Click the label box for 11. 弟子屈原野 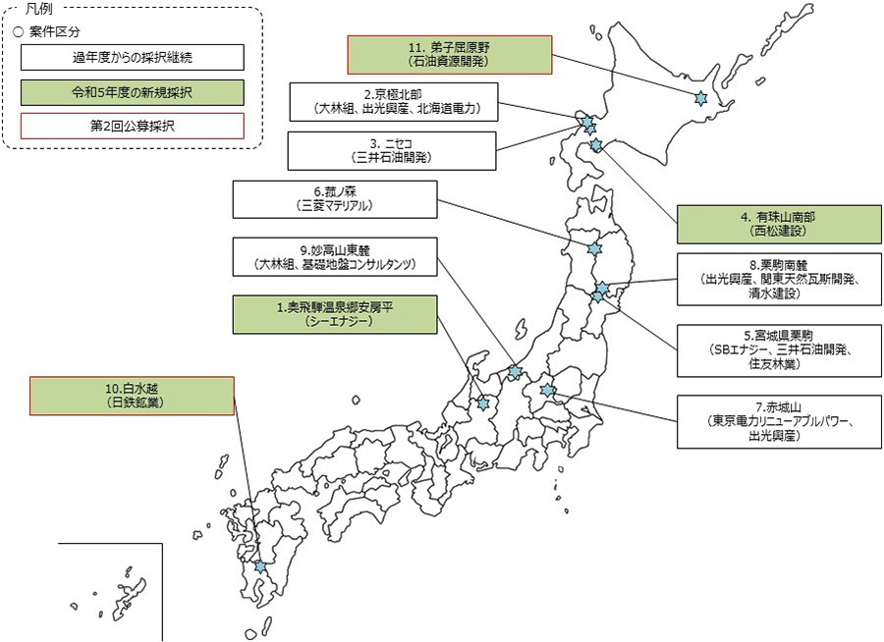coord(450,54)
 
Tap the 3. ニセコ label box coord(391,149)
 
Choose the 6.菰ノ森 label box coord(335,199)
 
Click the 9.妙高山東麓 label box coord(335,257)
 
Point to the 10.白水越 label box coord(132,396)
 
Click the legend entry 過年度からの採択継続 coord(131,57)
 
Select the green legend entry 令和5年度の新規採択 coord(131,92)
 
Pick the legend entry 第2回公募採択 coord(131,127)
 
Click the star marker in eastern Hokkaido coord(700,98)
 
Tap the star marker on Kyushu coord(259,566)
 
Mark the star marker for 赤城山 coord(548,390)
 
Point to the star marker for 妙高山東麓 coord(515,372)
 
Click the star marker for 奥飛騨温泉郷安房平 coord(483,402)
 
